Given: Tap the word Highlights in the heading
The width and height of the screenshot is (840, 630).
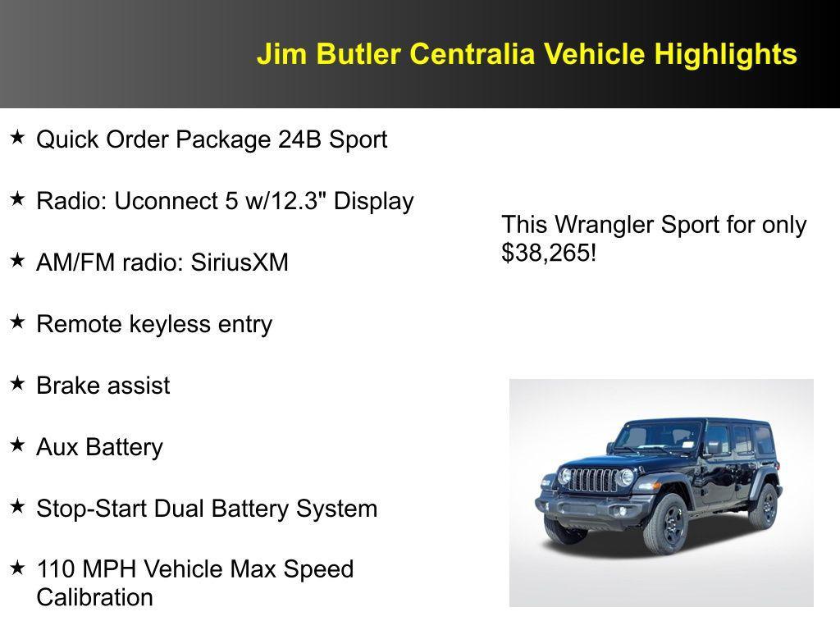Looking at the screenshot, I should (x=725, y=54).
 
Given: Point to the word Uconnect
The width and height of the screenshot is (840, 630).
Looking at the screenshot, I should (x=166, y=201).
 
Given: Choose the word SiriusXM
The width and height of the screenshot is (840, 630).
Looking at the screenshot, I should (x=240, y=262).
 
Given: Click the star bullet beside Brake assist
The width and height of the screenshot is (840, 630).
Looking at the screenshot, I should (x=17, y=383).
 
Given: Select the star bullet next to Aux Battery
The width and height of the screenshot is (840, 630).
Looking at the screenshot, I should (x=17, y=445).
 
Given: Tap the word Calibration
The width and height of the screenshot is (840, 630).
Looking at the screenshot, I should (x=94, y=597).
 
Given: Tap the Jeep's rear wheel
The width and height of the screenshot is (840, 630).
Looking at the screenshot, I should (x=764, y=505).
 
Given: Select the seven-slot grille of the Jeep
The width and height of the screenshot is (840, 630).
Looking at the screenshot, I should (x=592, y=480).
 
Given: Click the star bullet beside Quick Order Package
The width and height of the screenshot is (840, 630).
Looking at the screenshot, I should (x=17, y=137).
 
